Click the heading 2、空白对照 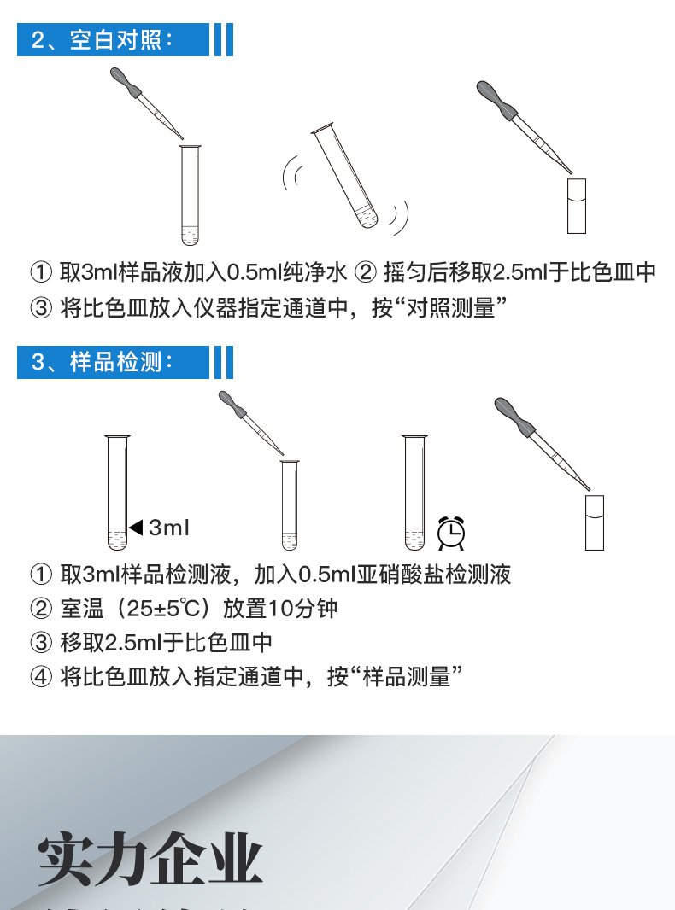[103, 40]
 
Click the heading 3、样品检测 [103, 362]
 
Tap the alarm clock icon [451, 533]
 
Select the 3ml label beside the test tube [168, 528]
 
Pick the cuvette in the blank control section [578, 205]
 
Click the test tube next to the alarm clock [414, 493]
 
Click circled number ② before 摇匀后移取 [365, 272]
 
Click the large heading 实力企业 [150, 859]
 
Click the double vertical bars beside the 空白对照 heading [223, 40]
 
